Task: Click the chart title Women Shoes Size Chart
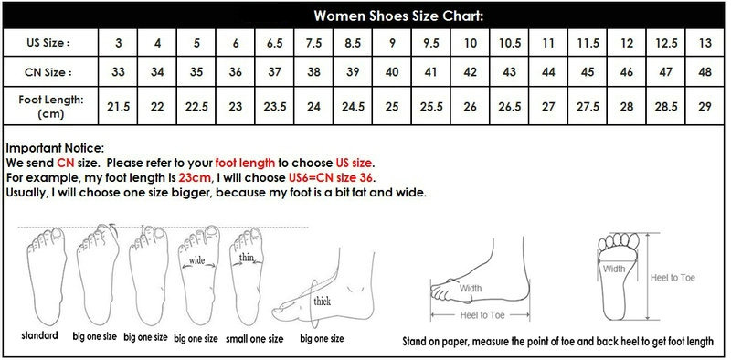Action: tap(398, 16)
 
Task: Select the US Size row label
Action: tap(48, 43)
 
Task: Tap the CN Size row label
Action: tap(48, 72)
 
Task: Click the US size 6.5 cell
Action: tap(275, 43)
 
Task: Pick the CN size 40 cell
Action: tap(392, 72)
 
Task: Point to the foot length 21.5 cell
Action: tap(119, 106)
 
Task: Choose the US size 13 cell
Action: tap(705, 43)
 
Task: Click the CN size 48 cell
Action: tap(705, 72)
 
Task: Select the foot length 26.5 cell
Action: tap(510, 106)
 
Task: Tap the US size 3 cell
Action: tap(119, 43)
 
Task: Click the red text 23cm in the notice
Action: tap(193, 177)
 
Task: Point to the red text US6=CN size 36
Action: tap(332, 177)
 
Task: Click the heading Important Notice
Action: tap(55, 148)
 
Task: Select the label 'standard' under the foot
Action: tap(39, 334)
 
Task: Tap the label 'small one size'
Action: tap(254, 339)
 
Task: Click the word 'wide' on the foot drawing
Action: tap(196, 260)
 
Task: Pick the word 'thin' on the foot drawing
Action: tap(247, 257)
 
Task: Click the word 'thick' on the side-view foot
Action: tap(323, 301)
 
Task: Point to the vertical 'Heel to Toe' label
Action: tap(673, 278)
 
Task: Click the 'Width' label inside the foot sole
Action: tap(614, 269)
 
